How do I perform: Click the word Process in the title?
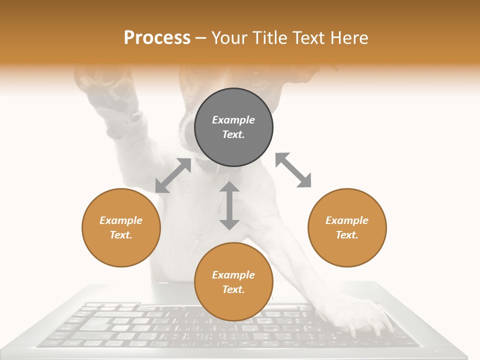tap(157, 38)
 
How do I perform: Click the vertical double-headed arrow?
tap(229, 205)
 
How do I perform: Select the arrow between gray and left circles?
tap(173, 175)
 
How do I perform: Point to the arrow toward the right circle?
tap(293, 170)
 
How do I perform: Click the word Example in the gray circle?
tap(233, 120)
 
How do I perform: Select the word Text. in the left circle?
tap(121, 235)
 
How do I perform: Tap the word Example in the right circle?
tap(347, 220)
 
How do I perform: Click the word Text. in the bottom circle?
tap(233, 289)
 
